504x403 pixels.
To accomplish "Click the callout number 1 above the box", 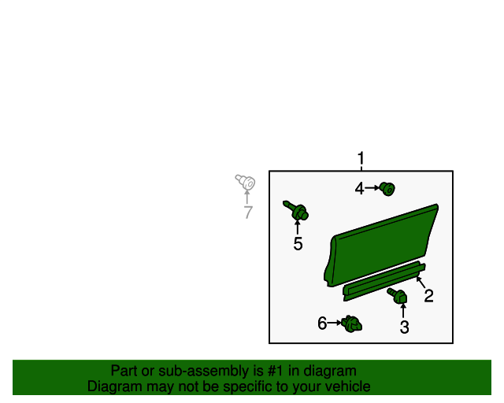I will (361, 159).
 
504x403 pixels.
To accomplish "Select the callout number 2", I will (428, 296).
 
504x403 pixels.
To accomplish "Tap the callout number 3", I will (404, 327).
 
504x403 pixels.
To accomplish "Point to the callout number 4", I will (359, 188).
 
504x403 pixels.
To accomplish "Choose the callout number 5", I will (298, 244).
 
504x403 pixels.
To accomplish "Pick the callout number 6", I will (322, 323).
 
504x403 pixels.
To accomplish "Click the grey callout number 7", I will (248, 213).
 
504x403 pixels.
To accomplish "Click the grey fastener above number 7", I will (245, 183).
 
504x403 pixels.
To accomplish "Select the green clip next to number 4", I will (387, 188).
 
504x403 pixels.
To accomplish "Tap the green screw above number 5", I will (298, 211).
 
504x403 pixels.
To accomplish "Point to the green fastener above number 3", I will (398, 296).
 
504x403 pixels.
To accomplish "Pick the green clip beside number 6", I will (352, 323).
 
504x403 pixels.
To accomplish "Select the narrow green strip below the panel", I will (382, 280).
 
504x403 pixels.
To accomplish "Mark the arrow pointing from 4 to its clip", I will (372, 188).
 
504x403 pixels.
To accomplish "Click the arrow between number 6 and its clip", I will (335, 323).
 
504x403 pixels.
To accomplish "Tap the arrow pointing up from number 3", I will (404, 310).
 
